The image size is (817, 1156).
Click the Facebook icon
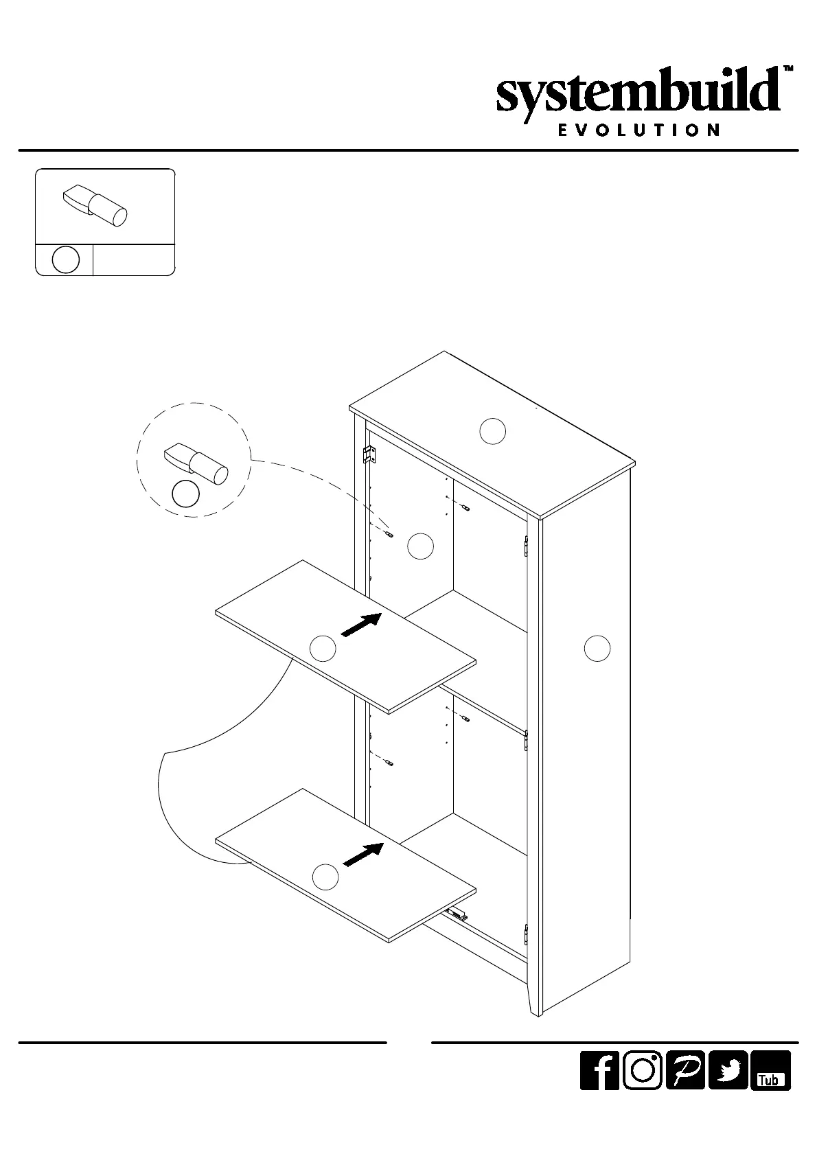point(599,1089)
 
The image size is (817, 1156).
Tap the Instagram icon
point(642,1089)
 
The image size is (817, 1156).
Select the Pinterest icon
point(684,1089)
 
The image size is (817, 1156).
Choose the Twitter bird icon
point(728,1089)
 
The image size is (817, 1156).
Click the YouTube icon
point(770,1089)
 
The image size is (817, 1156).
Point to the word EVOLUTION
point(638,130)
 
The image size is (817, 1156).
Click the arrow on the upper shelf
point(361,624)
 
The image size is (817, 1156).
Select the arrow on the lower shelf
point(362,854)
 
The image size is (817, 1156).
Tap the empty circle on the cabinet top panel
point(492,431)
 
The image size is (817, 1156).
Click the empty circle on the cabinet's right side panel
point(597,648)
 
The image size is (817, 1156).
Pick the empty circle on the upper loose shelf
point(323,648)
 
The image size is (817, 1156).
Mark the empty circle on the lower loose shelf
point(325,877)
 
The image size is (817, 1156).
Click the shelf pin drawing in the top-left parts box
point(95,204)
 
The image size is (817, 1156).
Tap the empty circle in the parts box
point(65,260)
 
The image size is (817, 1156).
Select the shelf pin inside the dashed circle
point(196,463)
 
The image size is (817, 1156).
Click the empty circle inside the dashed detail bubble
point(185,494)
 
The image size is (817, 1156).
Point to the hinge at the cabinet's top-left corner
point(369,454)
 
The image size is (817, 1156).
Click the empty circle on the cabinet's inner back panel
point(420,546)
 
